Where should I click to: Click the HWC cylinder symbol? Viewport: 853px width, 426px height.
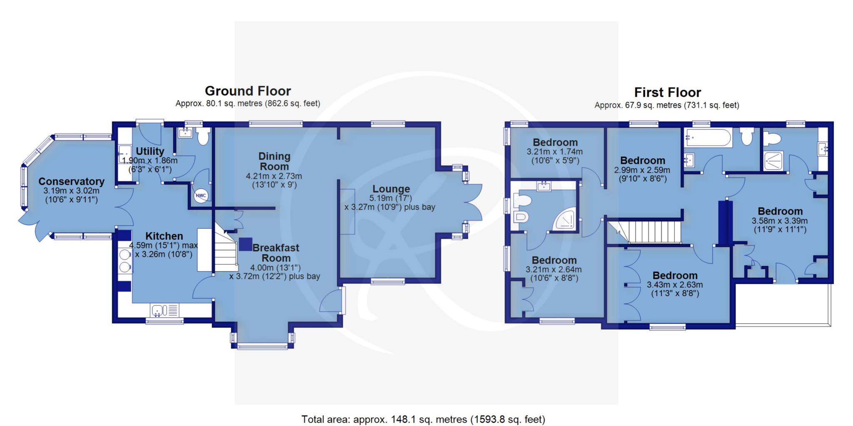(201, 195)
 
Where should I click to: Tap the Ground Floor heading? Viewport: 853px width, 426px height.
(248, 91)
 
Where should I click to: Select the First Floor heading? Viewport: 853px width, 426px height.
(667, 92)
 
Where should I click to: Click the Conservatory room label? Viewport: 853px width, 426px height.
(71, 181)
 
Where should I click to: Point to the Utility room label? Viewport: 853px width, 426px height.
(150, 151)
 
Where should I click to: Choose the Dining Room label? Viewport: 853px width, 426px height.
(274, 161)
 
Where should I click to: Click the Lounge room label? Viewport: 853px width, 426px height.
(391, 189)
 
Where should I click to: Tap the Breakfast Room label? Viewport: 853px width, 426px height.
(276, 253)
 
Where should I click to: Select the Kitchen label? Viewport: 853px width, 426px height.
(164, 236)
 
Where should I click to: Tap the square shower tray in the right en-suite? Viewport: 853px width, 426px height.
(773, 161)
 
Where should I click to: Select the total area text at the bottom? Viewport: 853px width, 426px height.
(423, 419)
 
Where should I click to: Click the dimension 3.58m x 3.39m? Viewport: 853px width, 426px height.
(780, 221)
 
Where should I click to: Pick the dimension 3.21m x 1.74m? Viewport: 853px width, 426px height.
(555, 152)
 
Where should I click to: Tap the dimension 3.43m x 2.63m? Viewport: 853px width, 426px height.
(675, 285)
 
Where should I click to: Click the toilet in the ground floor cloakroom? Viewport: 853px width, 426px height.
(203, 136)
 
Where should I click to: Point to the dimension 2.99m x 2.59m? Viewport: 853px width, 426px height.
(642, 170)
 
